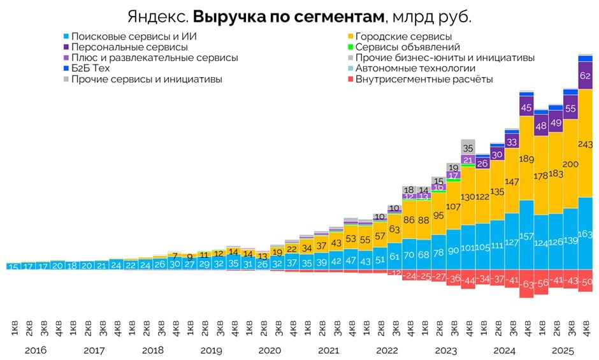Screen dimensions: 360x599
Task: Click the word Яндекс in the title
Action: (x=157, y=17)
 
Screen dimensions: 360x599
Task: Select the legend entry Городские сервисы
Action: (x=403, y=36)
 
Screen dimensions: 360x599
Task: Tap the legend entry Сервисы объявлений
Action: (x=407, y=47)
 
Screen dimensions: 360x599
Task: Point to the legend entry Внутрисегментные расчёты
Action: (x=424, y=79)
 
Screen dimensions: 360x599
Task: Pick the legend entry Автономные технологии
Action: (x=415, y=68)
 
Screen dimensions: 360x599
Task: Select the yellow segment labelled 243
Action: (x=586, y=143)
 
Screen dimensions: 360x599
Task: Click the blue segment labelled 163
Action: (x=586, y=234)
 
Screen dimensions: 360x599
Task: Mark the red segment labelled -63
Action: (x=526, y=284)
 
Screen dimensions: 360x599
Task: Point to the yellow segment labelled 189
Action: (x=526, y=158)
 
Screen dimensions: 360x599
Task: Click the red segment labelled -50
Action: (x=586, y=281)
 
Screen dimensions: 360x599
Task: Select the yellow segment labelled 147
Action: (x=512, y=182)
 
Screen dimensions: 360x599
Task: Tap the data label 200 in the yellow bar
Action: (x=571, y=164)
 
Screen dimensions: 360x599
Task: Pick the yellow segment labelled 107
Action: (x=452, y=206)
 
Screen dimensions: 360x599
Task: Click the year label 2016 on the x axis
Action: (x=36, y=350)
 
